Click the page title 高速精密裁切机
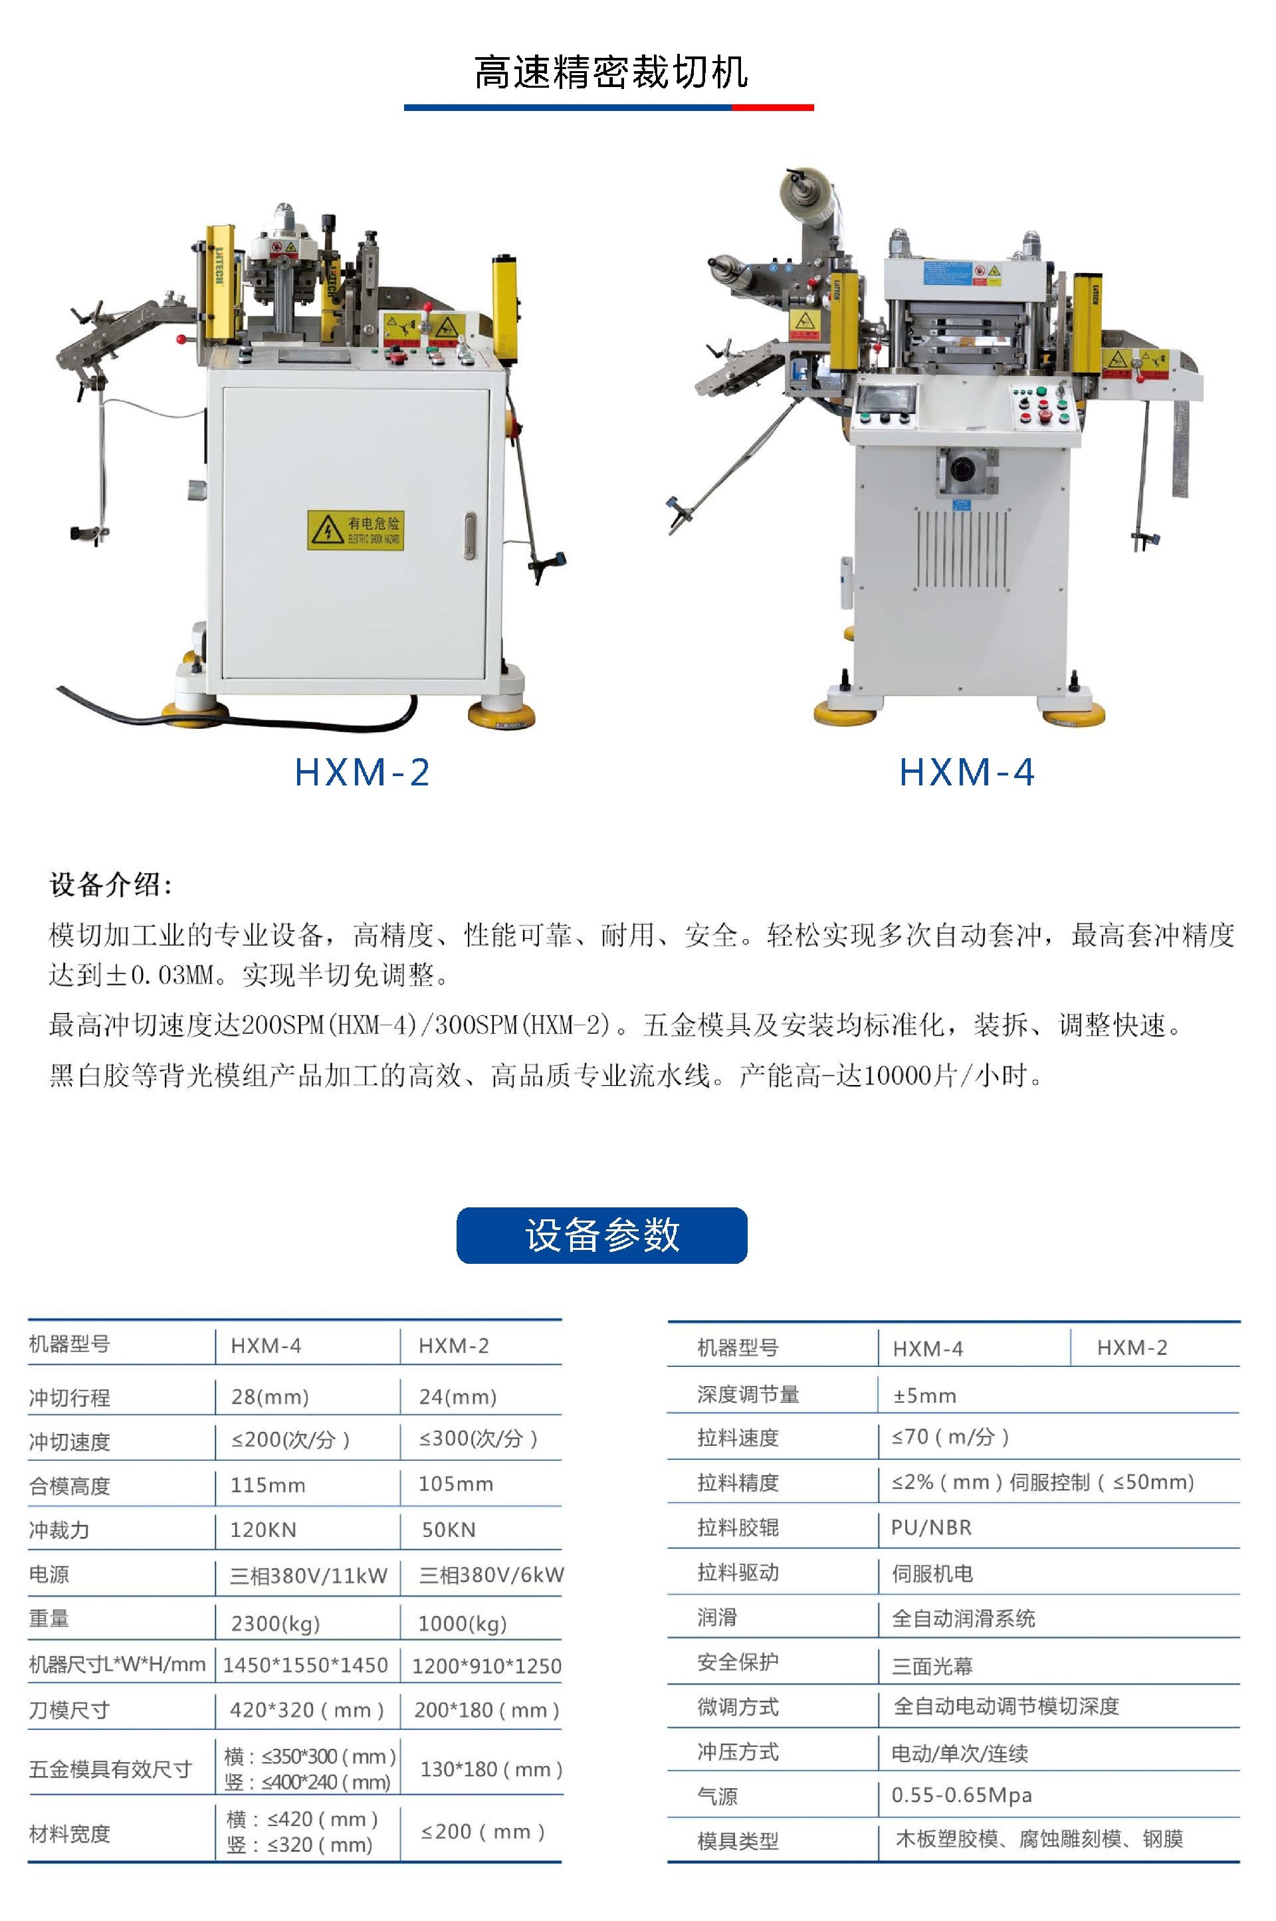[x=610, y=72]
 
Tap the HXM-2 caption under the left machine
[x=362, y=772]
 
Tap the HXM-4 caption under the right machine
[x=967, y=772]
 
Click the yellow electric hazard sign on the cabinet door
[x=356, y=530]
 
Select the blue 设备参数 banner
[x=602, y=1235]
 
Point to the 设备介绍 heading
[x=111, y=884]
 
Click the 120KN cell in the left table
[x=263, y=1530]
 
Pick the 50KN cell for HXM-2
[x=449, y=1530]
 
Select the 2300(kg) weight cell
[x=276, y=1623]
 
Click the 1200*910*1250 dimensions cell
[x=486, y=1666]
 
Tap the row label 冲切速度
[x=69, y=1442]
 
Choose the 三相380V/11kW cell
[x=308, y=1575]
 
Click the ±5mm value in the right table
[x=924, y=1395]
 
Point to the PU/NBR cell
[x=932, y=1527]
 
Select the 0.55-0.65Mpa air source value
[x=962, y=1795]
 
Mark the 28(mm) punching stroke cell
[x=270, y=1397]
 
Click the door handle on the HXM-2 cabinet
[x=471, y=536]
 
